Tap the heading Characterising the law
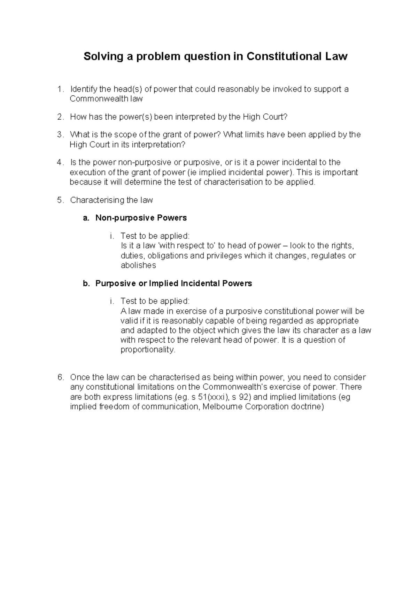(111, 200)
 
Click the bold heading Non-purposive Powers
(141, 218)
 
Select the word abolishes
(138, 265)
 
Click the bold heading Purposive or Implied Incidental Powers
(173, 284)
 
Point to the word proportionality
(148, 350)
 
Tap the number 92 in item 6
(243, 397)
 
